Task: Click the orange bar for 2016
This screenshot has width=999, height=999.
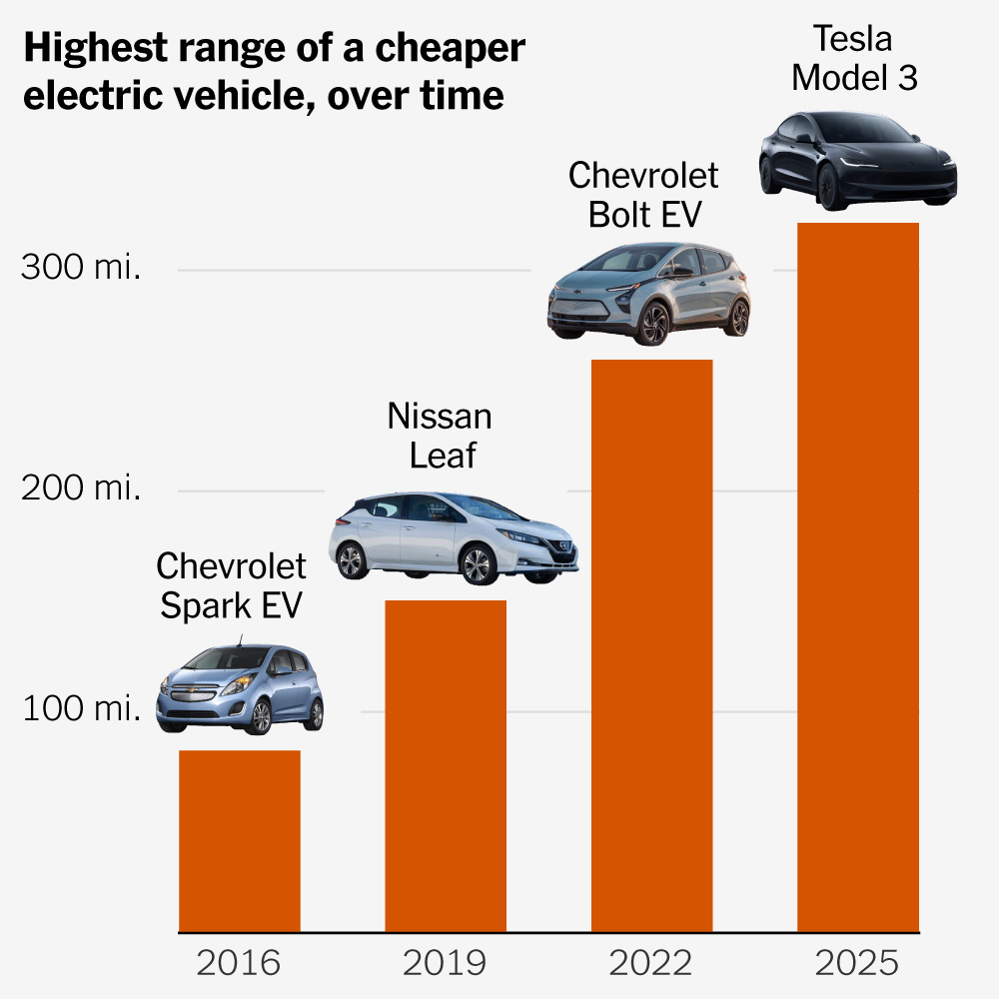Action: point(240,841)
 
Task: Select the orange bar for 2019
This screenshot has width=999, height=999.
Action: point(446,766)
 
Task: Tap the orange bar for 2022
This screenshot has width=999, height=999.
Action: point(651,645)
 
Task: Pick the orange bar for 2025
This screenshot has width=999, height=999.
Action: point(858,577)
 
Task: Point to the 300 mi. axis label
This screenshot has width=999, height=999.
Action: point(81,269)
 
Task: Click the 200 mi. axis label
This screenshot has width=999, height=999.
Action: point(81,490)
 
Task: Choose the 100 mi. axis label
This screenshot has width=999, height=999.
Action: point(81,710)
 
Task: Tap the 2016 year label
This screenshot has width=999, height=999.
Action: point(239,964)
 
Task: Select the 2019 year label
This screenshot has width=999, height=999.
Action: point(445,964)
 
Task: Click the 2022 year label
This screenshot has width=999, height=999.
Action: point(651,964)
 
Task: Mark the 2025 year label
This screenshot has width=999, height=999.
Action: point(857,964)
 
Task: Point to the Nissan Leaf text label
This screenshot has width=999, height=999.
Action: point(440,436)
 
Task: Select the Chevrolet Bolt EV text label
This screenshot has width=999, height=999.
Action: point(643,195)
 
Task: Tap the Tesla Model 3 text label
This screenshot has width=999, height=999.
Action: point(854,58)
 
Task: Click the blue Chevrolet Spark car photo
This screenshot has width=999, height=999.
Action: point(240,689)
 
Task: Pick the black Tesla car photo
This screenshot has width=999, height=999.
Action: point(857,160)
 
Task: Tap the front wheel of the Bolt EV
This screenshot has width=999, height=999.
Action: point(654,322)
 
